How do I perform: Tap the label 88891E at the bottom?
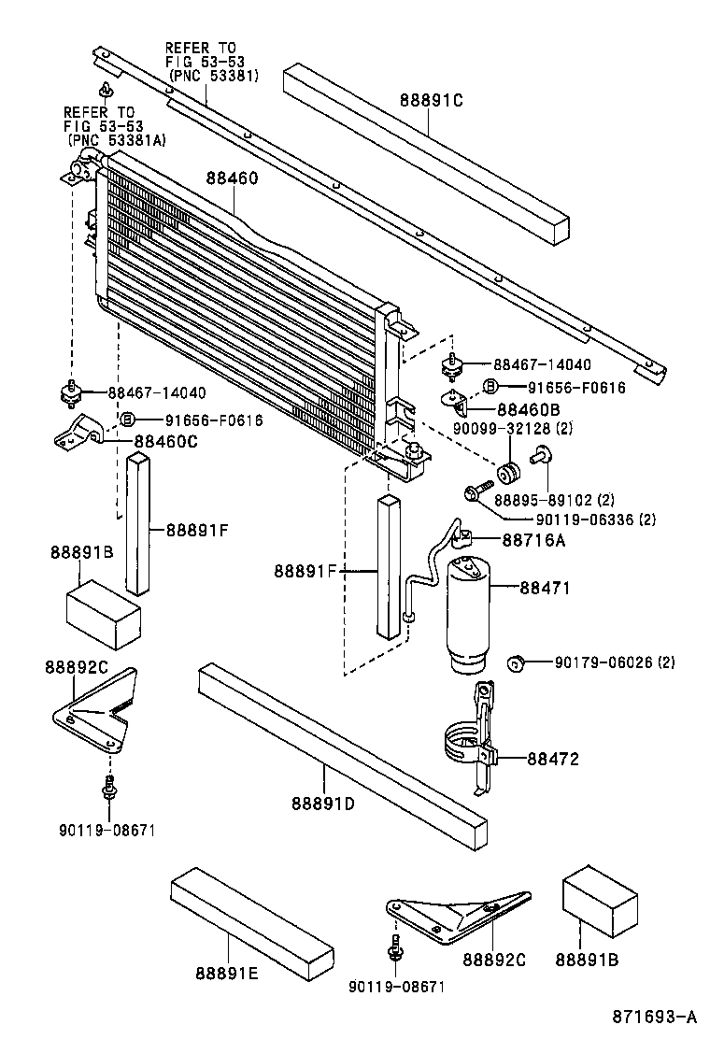click(227, 974)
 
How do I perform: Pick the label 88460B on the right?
click(529, 408)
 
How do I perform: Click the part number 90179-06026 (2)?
click(614, 662)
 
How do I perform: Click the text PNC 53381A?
click(116, 139)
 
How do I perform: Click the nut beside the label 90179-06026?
click(514, 663)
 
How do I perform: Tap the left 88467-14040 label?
click(156, 393)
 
